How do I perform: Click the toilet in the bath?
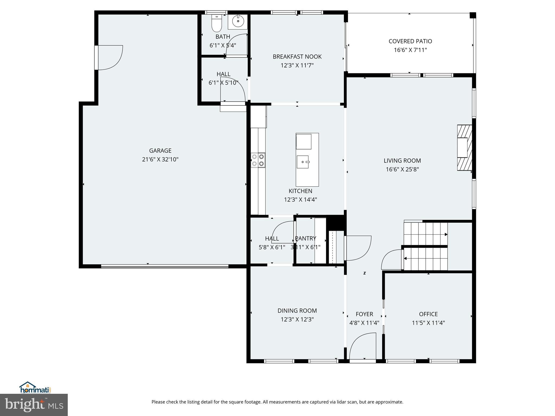point(217,24)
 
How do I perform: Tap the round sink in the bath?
point(238,21)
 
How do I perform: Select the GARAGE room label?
point(160,151)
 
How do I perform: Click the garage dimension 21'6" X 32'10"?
point(160,159)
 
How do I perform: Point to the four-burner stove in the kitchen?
point(258,160)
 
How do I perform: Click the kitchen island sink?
point(303,162)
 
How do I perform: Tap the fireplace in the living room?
point(464,148)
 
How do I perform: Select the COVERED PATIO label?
point(410,41)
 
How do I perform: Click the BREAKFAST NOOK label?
point(297,57)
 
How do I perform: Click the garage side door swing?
point(110,57)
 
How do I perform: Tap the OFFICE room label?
point(428,314)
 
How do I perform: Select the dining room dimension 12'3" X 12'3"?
point(297,319)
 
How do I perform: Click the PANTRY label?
point(305,238)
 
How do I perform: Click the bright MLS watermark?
point(34,405)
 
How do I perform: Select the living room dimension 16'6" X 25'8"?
point(402,169)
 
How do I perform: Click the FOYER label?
point(364,314)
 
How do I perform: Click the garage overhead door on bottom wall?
point(164,266)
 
